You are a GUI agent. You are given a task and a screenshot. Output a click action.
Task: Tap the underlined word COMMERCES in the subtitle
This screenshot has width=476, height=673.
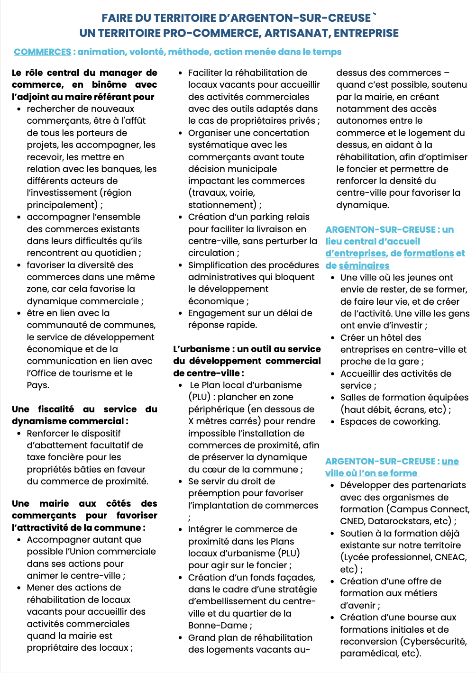pos(43,52)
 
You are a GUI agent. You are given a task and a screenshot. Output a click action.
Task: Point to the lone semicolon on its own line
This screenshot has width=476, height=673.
pos(190,518)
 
